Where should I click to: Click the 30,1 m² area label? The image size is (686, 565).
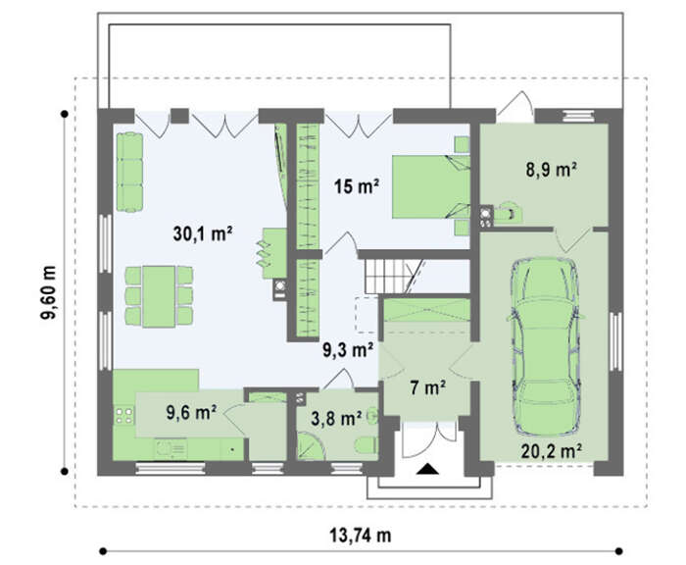tap(202, 233)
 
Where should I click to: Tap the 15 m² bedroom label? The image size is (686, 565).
tap(357, 186)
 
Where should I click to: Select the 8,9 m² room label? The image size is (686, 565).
tap(551, 170)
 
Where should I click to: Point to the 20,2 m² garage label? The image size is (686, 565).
tap(551, 450)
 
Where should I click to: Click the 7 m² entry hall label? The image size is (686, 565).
tap(428, 387)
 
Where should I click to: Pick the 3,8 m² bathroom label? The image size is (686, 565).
tap(336, 418)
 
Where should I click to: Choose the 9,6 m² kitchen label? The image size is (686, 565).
tap(192, 412)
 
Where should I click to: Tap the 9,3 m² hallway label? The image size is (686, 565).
tap(348, 350)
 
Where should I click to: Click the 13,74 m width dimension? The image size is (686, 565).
tap(360, 536)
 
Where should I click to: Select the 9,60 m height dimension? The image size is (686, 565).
tap(49, 292)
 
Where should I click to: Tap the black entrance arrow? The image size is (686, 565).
tap(427, 469)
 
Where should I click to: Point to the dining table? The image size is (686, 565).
tap(159, 296)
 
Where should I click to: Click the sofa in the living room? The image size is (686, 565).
tap(129, 172)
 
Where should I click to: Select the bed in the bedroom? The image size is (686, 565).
tap(431, 186)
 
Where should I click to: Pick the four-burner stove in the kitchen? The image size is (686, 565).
tap(123, 416)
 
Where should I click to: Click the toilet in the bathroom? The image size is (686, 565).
tap(366, 445)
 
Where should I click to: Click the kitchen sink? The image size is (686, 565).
tap(171, 448)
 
